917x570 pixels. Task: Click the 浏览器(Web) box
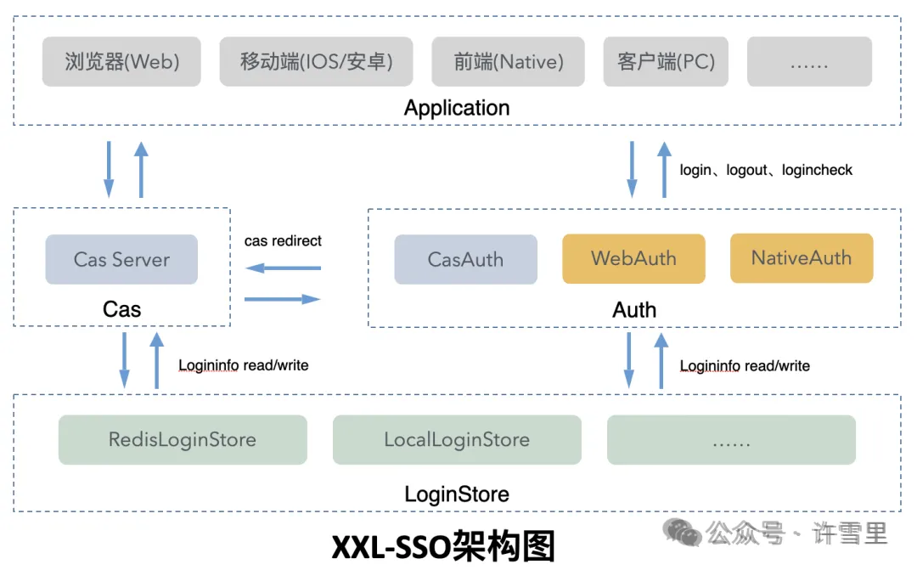coord(121,61)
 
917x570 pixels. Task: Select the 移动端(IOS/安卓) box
coord(316,61)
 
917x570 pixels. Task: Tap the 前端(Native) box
coord(509,61)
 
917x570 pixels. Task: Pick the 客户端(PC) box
coord(666,61)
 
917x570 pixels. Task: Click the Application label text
coord(457,108)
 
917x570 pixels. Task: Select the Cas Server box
coord(121,259)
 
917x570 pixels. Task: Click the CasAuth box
coord(465,259)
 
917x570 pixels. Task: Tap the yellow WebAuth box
coord(633,258)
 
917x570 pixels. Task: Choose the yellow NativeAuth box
coord(801,257)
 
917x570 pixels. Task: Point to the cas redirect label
coord(283,241)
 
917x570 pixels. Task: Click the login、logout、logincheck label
coord(766,170)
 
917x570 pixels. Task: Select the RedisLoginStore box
coord(183,440)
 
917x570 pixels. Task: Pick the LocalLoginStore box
coord(457,440)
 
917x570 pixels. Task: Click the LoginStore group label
coord(457,494)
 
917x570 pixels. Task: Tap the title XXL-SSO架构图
coord(443,546)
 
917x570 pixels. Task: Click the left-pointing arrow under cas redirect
coord(283,268)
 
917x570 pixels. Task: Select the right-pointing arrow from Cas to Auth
coord(283,299)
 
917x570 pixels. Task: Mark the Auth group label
coord(634,310)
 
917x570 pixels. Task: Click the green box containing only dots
coord(731,440)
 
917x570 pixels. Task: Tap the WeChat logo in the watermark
coord(683,533)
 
